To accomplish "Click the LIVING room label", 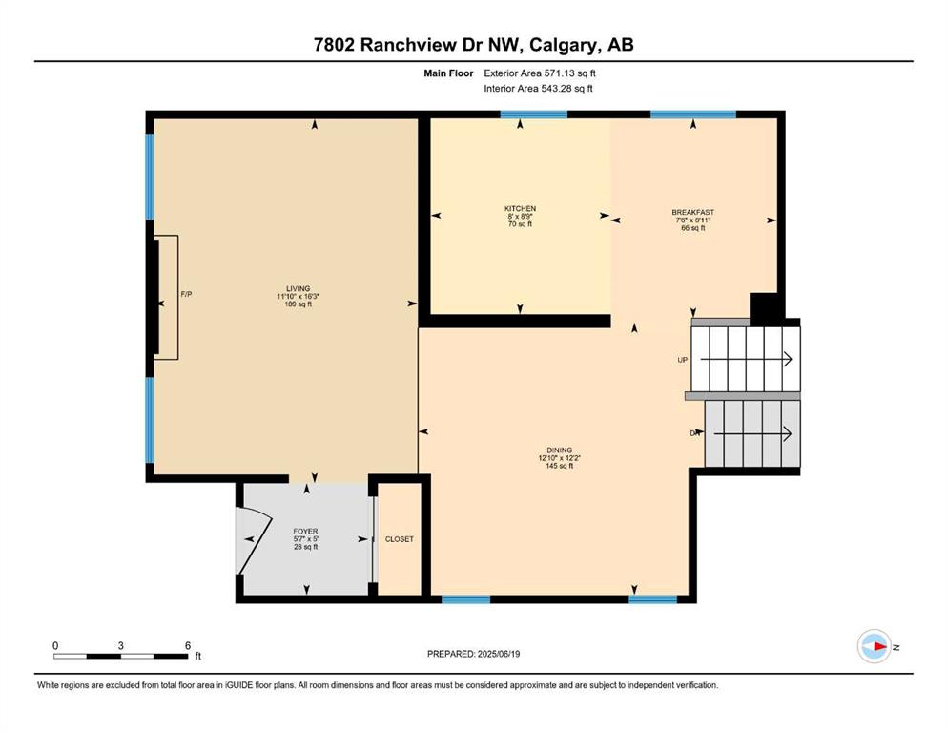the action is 298,289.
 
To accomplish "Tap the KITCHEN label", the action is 520,208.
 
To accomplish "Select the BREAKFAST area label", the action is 692,212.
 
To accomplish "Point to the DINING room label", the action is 559,450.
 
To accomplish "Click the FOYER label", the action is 305,532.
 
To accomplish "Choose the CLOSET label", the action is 400,539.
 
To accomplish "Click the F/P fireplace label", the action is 186,294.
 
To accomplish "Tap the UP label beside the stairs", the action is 683,360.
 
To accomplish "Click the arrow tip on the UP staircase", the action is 792,359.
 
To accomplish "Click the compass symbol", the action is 875,646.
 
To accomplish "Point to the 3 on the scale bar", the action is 121,645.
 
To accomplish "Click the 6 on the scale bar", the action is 188,645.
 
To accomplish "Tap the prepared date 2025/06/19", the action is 498,654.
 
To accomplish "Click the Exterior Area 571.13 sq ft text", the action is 540,73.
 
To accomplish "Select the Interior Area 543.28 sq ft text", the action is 538,88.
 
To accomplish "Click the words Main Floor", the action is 448,73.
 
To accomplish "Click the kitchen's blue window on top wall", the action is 534,115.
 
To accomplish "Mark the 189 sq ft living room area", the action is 298,304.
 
